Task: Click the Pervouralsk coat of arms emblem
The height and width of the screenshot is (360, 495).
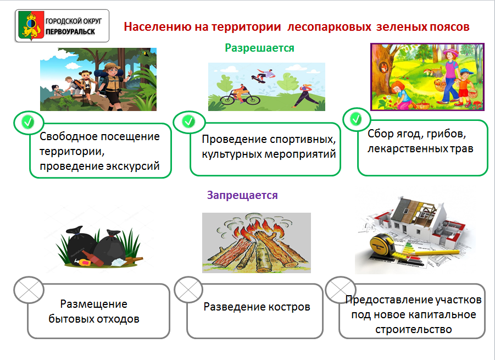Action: [31, 26]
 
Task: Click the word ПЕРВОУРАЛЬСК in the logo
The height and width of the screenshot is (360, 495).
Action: [70, 31]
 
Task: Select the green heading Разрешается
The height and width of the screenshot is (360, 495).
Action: [259, 48]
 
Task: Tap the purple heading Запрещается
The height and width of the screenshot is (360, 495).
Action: [242, 195]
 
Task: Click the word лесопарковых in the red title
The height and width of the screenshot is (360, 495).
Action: [329, 27]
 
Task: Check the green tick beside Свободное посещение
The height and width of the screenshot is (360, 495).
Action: [28, 122]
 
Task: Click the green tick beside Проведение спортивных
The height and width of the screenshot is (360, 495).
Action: [188, 121]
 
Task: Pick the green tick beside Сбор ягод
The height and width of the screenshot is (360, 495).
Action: [356, 119]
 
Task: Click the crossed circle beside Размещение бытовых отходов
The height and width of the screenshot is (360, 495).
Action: [29, 290]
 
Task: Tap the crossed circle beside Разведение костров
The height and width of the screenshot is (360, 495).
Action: [188, 290]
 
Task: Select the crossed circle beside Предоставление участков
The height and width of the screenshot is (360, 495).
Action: [341, 290]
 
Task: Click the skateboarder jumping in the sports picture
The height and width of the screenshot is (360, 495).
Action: [264, 75]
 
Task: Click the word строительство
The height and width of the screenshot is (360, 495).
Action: [414, 330]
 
